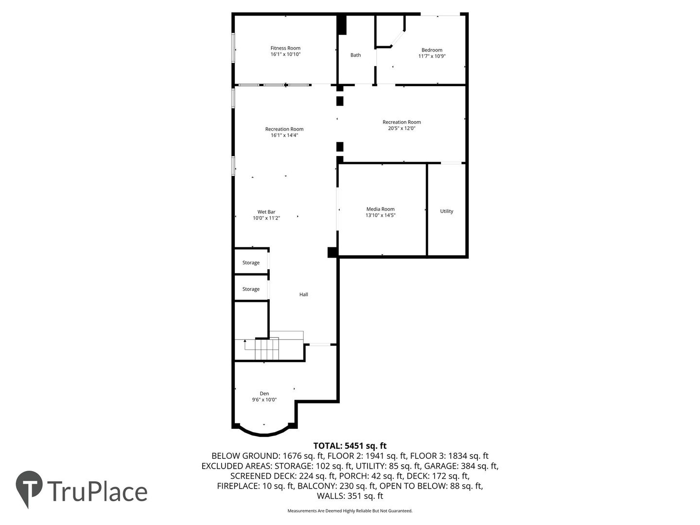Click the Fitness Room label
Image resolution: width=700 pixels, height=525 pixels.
pyautogui.click(x=285, y=48)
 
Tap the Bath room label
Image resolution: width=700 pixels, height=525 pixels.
pyautogui.click(x=355, y=55)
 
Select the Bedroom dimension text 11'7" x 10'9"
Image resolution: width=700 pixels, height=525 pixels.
pyautogui.click(x=432, y=56)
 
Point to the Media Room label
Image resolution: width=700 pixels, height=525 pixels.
pyautogui.click(x=380, y=209)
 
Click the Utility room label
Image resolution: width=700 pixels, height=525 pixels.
pyautogui.click(x=446, y=211)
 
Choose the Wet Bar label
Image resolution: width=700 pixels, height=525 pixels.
pyautogui.click(x=266, y=212)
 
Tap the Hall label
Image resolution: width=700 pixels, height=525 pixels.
pyautogui.click(x=303, y=295)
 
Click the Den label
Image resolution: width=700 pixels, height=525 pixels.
pyautogui.click(x=264, y=394)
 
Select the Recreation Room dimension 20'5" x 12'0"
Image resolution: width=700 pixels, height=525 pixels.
pyautogui.click(x=401, y=128)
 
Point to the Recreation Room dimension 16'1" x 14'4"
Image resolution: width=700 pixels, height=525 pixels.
pyautogui.click(x=284, y=135)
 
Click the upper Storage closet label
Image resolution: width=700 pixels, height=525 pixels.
pyautogui.click(x=251, y=262)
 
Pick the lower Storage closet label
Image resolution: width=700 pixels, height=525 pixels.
pyautogui.click(x=251, y=289)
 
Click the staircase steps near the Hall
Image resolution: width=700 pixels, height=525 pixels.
pyautogui.click(x=266, y=350)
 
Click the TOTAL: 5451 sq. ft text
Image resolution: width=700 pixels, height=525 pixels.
pyautogui.click(x=350, y=446)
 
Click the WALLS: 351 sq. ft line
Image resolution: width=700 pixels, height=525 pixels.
pyautogui.click(x=350, y=496)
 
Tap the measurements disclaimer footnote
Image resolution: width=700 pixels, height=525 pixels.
pyautogui.click(x=350, y=511)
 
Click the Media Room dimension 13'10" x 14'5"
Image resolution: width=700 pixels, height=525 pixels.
pyautogui.click(x=380, y=215)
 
